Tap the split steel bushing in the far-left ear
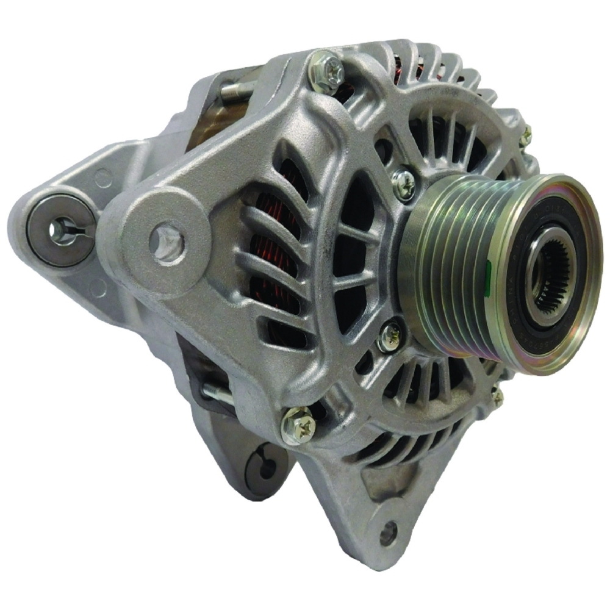61,230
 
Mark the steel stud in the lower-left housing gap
217,393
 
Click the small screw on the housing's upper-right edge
526,135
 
